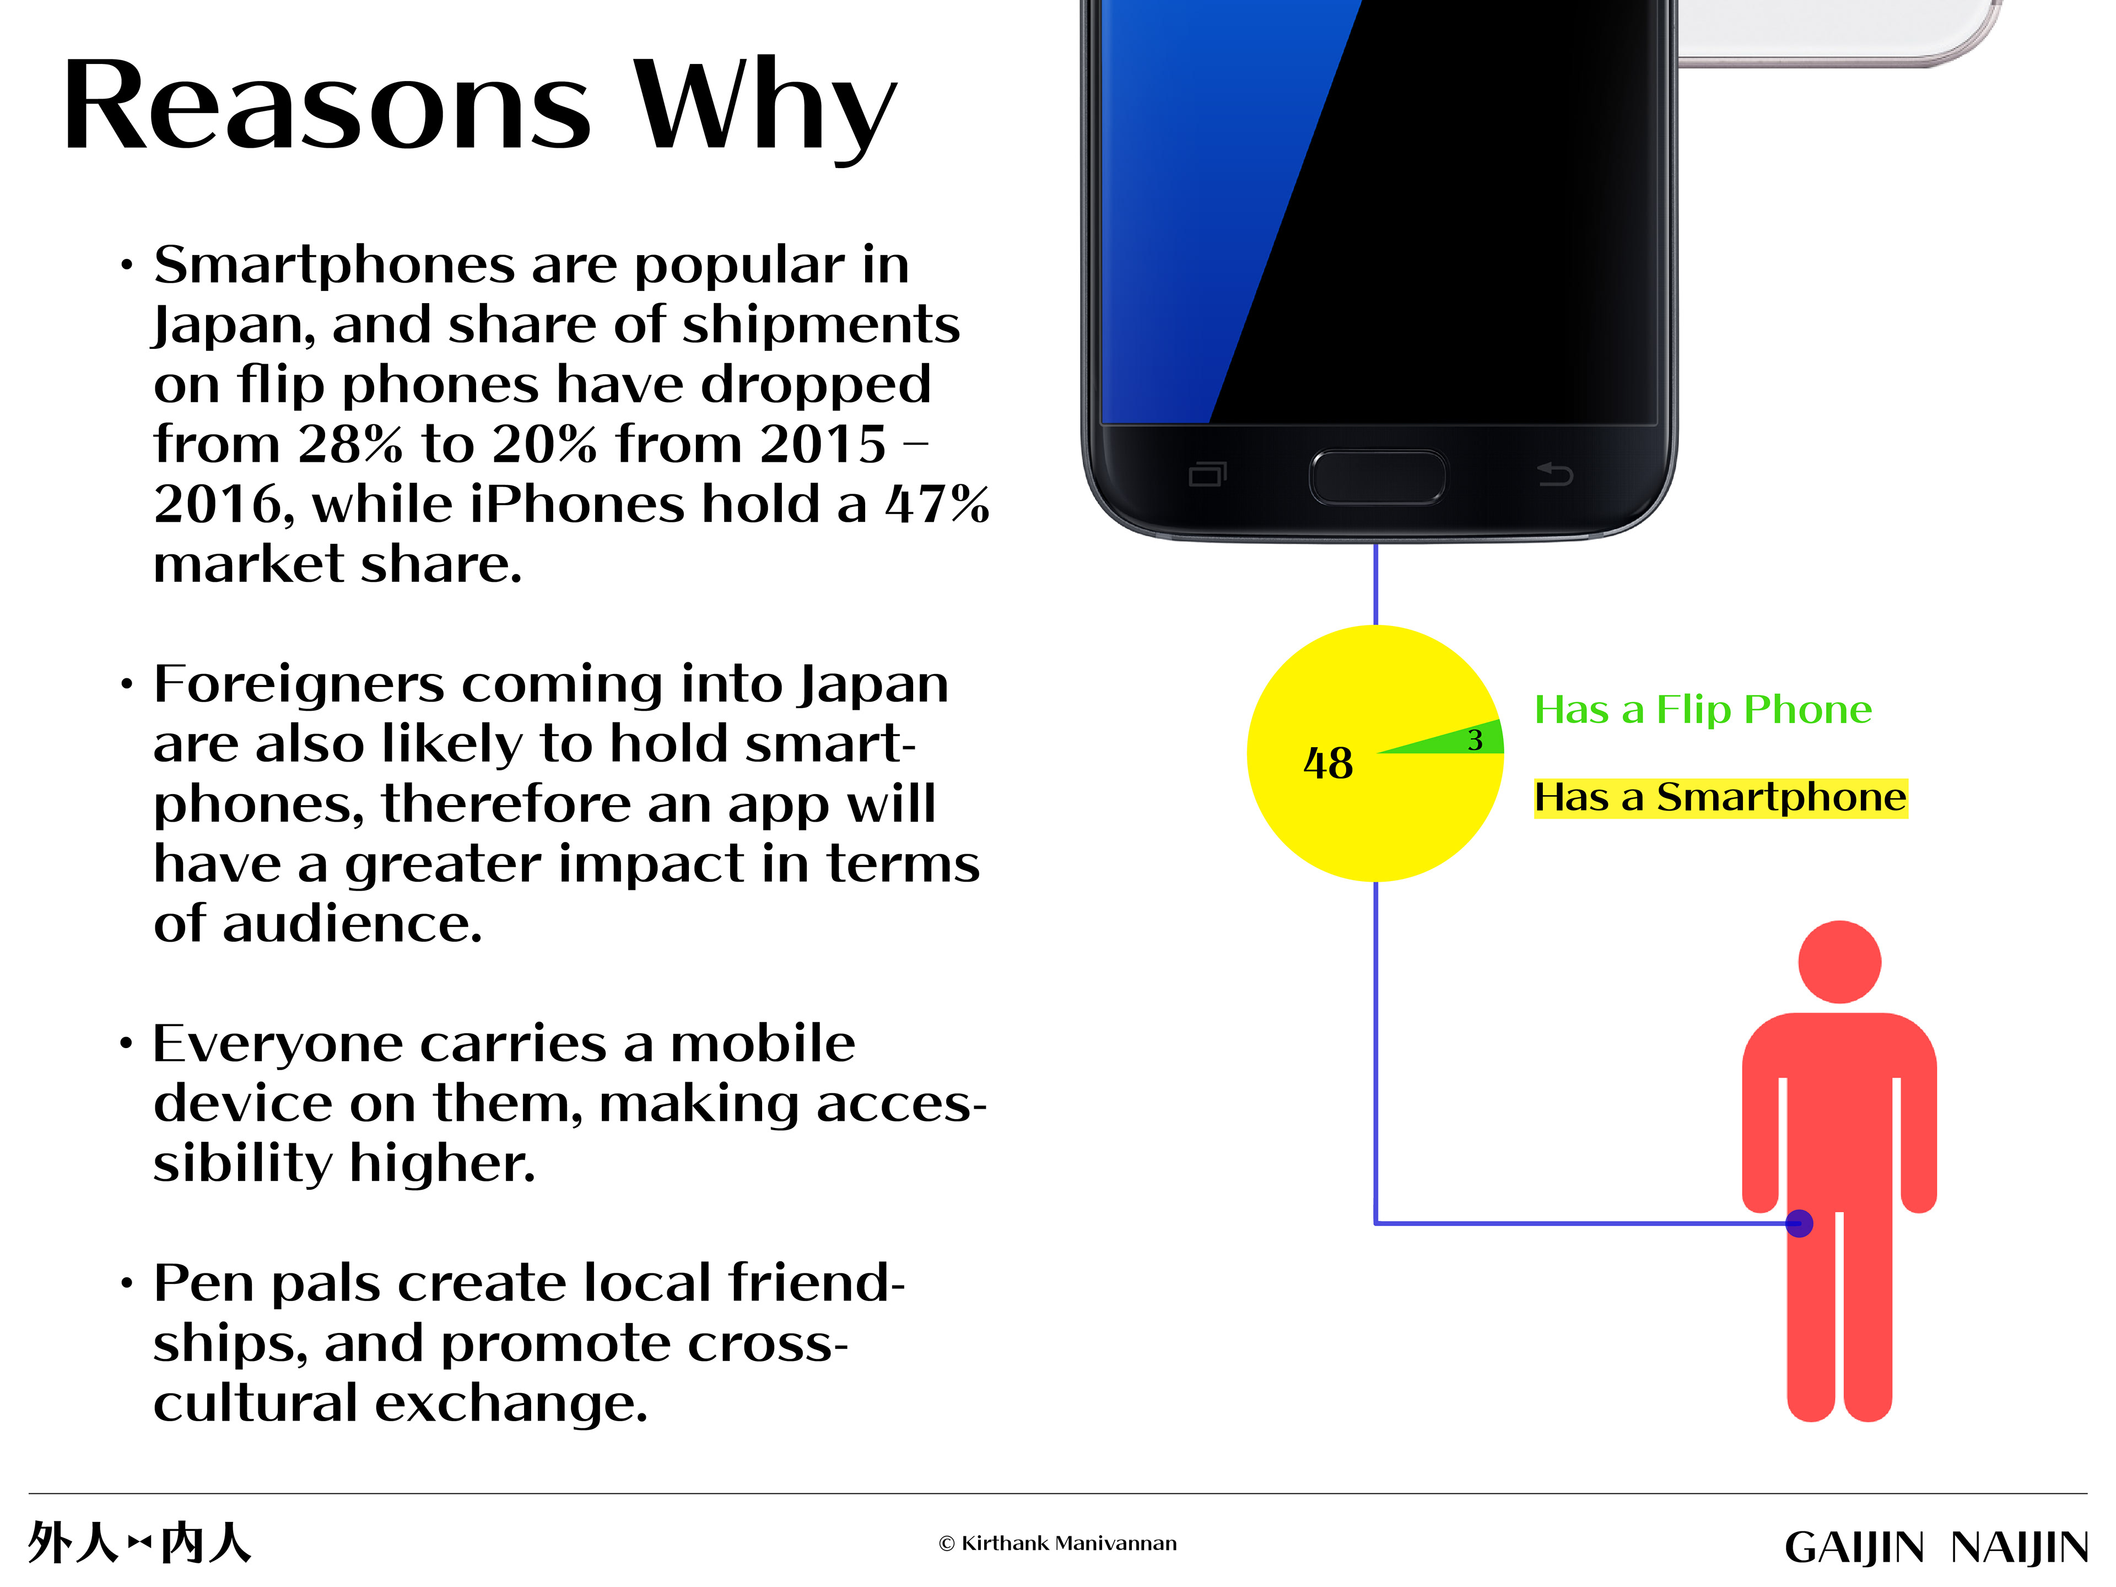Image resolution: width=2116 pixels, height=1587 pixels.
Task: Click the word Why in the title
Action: pos(765,110)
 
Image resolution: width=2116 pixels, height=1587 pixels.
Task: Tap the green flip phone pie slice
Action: pos(1464,739)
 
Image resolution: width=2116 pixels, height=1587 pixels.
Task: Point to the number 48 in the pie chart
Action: pos(1328,763)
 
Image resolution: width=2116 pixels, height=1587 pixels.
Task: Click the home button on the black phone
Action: pos(1378,477)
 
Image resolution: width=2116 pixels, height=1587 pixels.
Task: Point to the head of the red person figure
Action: pos(1839,962)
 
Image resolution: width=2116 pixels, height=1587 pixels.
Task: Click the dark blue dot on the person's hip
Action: pos(1799,1223)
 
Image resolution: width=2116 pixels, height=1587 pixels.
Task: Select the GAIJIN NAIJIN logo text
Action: pos(1936,1547)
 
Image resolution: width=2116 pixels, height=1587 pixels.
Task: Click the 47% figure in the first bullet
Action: pos(937,504)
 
